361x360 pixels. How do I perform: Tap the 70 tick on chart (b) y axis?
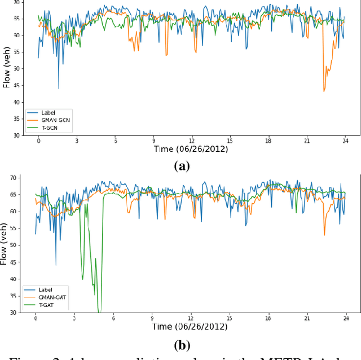[x=16, y=178]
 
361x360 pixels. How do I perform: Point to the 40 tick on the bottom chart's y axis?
[x=16, y=279]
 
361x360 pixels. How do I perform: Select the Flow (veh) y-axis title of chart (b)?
[x=6, y=243]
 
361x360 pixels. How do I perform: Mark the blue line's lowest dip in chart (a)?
[x=59, y=89]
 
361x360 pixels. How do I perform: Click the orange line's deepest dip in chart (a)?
[x=324, y=91]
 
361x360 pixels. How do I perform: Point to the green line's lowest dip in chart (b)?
[x=99, y=311]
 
